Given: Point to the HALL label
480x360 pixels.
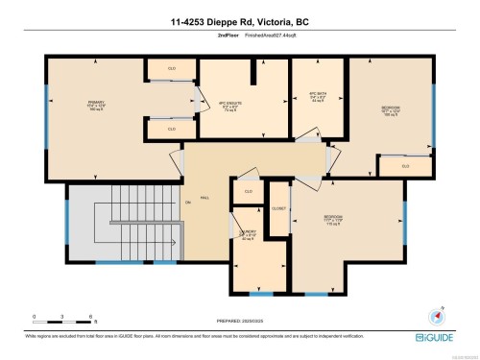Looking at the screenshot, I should (x=204, y=200).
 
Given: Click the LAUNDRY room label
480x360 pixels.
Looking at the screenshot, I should (x=248, y=235).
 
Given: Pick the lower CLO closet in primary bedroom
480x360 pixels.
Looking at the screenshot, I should (x=172, y=128).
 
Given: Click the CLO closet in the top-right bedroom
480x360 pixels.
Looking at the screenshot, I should (x=405, y=165).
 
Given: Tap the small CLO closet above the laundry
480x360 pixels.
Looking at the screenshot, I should (x=248, y=191).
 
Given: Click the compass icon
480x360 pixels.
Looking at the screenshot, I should (x=441, y=313).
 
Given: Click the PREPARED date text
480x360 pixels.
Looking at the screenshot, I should (x=240, y=320).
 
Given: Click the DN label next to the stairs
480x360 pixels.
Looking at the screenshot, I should (x=188, y=203).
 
